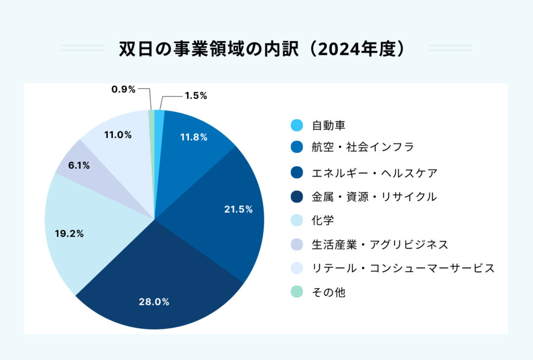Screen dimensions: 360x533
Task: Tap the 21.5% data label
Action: (x=238, y=209)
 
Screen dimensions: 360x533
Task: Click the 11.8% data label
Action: (x=194, y=138)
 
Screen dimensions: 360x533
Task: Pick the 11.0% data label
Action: (x=118, y=135)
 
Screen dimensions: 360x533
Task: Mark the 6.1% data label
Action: (x=79, y=166)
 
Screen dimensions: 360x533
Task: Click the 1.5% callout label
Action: (x=196, y=95)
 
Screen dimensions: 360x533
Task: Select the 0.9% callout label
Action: (x=123, y=89)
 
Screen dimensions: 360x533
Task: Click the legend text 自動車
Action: (x=329, y=126)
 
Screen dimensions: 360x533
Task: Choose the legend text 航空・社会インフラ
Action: (x=363, y=147)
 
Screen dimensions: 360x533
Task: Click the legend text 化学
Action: (x=323, y=220)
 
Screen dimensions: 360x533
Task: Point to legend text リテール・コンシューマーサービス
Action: (x=403, y=268)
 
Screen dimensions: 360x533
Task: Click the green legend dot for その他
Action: (x=296, y=292)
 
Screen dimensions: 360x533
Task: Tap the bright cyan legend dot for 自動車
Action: (x=296, y=126)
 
